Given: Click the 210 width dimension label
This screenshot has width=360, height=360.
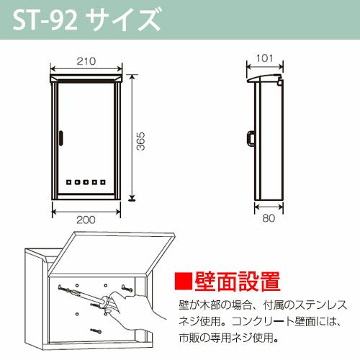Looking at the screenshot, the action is [x=86, y=61].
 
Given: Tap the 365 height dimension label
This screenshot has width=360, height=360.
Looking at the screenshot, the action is [x=141, y=141].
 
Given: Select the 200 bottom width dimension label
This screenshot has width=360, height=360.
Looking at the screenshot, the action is [x=86, y=220].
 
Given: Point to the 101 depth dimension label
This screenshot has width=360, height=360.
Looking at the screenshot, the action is [x=264, y=58].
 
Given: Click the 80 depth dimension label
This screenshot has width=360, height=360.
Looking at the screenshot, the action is [x=269, y=218].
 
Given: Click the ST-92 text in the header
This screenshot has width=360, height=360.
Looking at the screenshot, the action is [x=45, y=20].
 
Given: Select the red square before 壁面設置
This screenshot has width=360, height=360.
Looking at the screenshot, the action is [x=184, y=281].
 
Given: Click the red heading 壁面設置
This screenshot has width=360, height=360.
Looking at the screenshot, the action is [x=238, y=282].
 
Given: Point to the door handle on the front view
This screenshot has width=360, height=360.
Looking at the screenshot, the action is [x=61, y=138].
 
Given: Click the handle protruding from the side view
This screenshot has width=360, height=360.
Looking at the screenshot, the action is [x=251, y=138].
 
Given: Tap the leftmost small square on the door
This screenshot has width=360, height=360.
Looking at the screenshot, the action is [x=68, y=182].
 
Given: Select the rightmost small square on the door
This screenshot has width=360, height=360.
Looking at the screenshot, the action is [x=103, y=182].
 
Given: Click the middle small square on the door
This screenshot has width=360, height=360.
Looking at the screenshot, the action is [x=86, y=182].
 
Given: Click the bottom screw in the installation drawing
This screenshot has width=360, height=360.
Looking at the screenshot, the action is [x=96, y=331].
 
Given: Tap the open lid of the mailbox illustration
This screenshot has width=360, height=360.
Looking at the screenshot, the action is [x=113, y=254].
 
